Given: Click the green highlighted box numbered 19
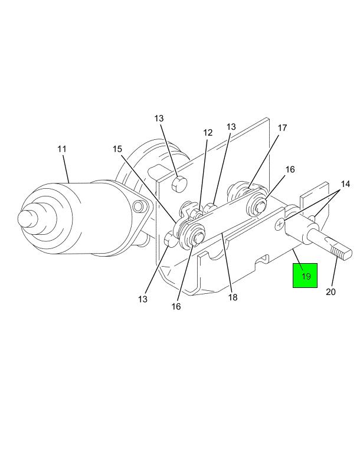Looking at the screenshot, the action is [305, 276].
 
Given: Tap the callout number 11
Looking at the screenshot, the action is [62, 149].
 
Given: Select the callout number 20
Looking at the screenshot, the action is [330, 292].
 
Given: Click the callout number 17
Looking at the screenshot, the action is [282, 128].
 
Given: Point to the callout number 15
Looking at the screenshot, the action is [117, 149].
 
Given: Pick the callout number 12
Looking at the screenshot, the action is [208, 133].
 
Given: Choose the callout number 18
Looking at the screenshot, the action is [233, 297].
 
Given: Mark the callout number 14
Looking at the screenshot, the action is [345, 184].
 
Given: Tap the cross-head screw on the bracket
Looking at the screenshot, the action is [279, 224].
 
